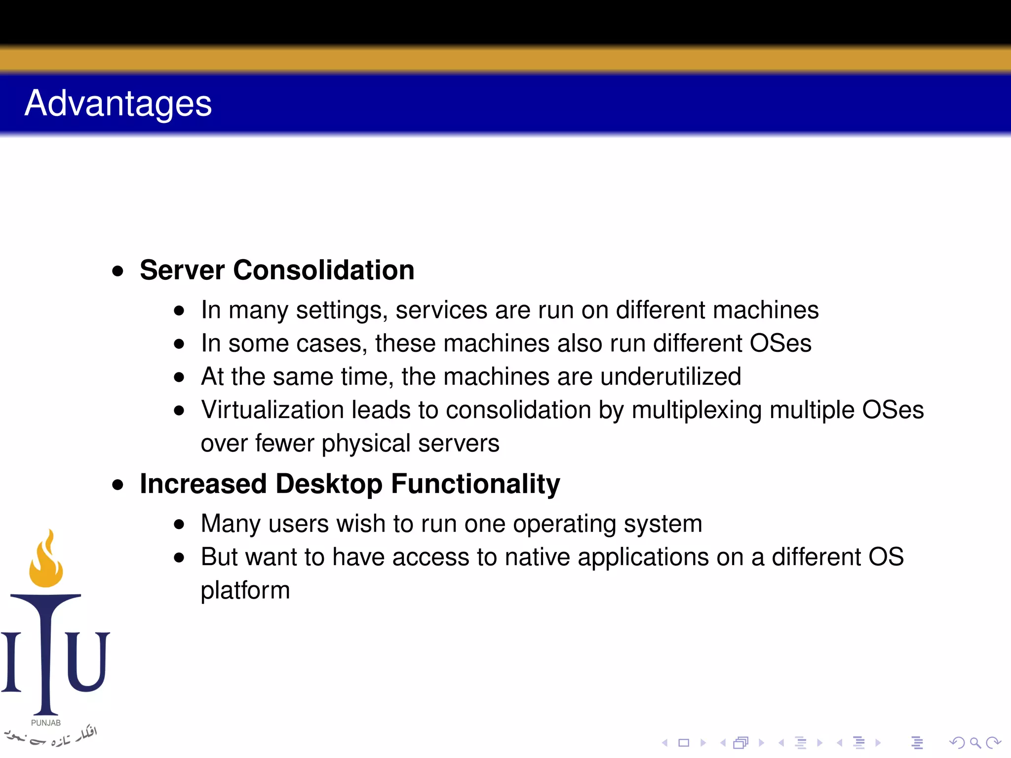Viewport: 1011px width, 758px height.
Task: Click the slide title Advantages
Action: [x=118, y=104]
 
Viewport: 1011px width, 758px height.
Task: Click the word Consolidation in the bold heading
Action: [x=323, y=270]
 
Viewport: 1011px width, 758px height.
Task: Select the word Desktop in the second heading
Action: [x=329, y=484]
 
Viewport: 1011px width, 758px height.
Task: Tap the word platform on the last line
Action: [x=245, y=591]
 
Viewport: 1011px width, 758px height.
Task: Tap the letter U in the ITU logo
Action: [x=87, y=661]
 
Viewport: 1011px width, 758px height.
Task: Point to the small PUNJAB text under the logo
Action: [x=46, y=723]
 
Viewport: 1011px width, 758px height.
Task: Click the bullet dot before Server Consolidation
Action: [x=117, y=271]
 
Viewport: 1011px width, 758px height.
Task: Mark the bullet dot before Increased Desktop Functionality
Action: [x=117, y=485]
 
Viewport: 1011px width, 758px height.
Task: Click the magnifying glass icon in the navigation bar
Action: [x=974, y=742]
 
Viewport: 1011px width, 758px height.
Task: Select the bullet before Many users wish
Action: [x=179, y=525]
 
